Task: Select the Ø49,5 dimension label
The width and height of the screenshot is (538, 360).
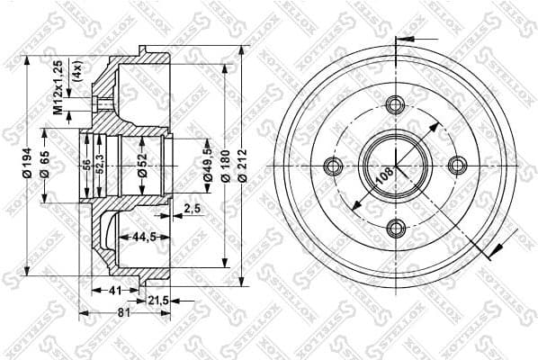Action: point(208,166)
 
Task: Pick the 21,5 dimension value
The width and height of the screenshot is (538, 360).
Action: point(158,300)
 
